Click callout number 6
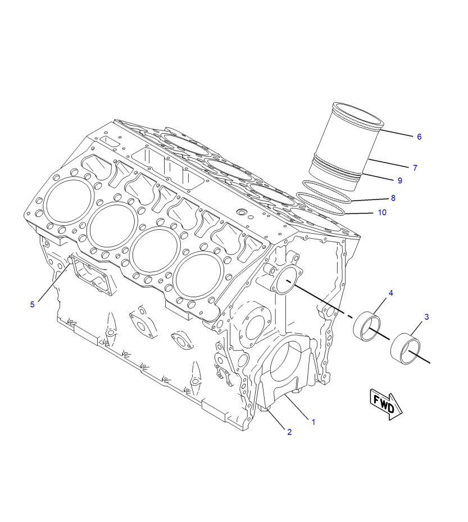pos(419,137)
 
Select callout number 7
pos(415,168)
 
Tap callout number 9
pos(400,181)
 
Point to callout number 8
pos(393,198)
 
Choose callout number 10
pos(382,212)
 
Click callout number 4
pos(391,293)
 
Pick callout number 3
pos(427,317)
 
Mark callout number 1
pos(313,422)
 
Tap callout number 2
pos(289,432)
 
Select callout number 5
pos(32,305)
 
